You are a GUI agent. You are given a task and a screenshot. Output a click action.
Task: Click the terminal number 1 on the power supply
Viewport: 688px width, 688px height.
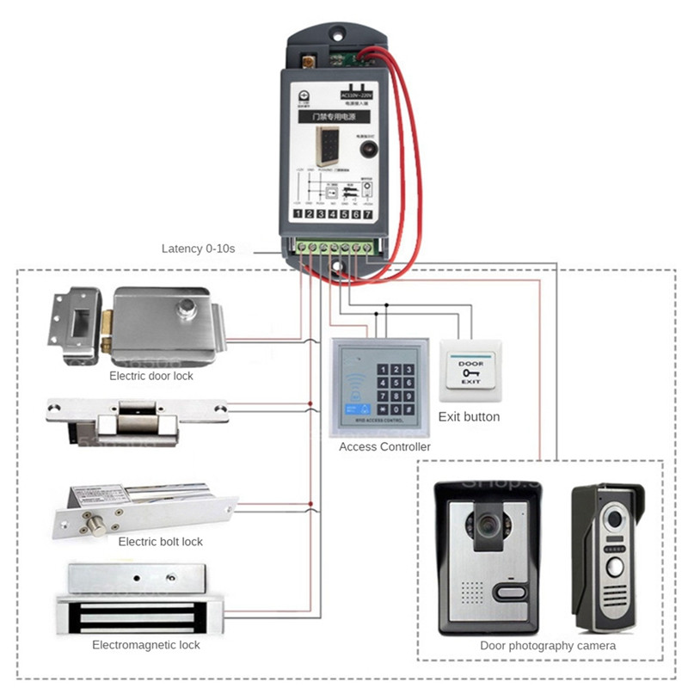[x=298, y=213]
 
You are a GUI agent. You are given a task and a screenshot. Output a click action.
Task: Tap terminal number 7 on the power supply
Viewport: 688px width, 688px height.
[x=367, y=213]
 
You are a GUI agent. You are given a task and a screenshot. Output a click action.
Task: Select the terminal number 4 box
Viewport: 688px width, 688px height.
[x=332, y=213]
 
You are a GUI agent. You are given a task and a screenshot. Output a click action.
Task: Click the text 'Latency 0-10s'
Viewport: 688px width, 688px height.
[x=198, y=249]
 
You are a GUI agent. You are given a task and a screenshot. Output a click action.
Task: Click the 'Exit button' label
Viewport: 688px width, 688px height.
[x=469, y=417]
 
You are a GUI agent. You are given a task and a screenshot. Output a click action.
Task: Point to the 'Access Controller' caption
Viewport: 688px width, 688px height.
[x=384, y=447]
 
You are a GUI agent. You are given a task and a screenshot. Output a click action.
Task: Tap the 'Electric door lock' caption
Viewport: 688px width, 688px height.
[x=151, y=376]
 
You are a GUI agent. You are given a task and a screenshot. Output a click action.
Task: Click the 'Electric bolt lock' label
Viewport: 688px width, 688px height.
[x=160, y=542]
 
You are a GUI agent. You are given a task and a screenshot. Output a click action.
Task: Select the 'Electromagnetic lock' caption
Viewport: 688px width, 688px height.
[x=146, y=645]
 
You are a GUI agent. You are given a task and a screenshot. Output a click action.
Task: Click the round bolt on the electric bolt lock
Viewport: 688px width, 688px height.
[x=97, y=522]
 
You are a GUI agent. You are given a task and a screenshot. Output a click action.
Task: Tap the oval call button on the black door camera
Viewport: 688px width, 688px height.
[x=510, y=593]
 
